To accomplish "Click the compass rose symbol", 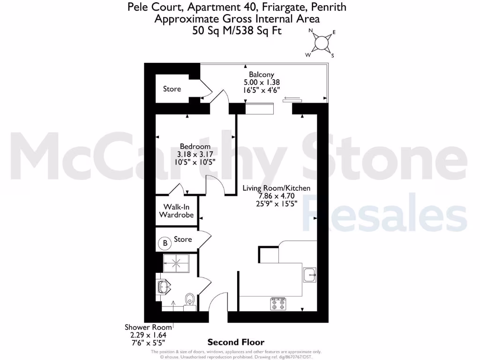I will tap(322, 43).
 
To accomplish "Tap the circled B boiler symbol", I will tap(165, 243).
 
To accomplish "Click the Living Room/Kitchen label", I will tap(276, 188).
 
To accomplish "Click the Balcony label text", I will tap(261, 75).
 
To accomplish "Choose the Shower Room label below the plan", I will tap(148, 327).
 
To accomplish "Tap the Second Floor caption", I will tap(236, 342).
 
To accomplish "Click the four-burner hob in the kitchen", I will tap(277, 304).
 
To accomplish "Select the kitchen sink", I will tap(309, 274).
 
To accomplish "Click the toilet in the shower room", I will tap(190, 299).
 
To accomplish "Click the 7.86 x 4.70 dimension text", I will tap(276, 196).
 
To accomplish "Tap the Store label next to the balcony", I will tap(172, 89).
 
